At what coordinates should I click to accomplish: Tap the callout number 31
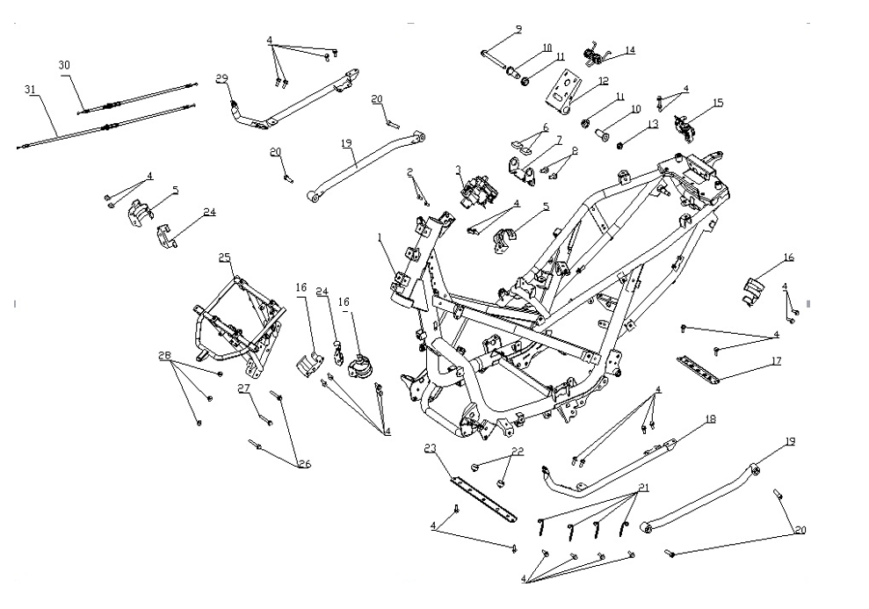[31, 89]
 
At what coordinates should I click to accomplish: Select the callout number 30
[63, 66]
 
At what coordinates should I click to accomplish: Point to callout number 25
[225, 257]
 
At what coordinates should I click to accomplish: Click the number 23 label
[431, 447]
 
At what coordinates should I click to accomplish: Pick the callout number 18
[710, 419]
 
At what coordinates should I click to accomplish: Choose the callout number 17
[776, 359]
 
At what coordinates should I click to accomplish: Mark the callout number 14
[630, 50]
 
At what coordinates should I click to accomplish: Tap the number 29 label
[222, 78]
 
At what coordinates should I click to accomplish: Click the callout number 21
[644, 488]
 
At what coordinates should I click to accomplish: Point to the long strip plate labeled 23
[483, 497]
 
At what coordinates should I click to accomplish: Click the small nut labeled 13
[619, 143]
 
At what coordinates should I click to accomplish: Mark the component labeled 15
[685, 127]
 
